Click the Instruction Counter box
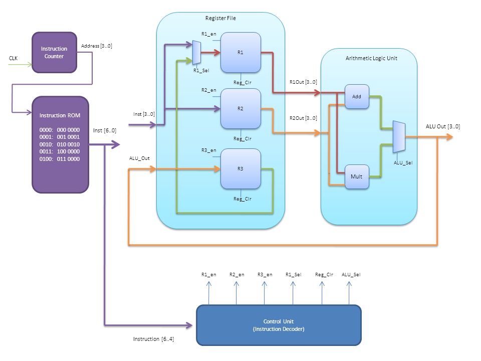[54, 53]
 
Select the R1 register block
[241, 53]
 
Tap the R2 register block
[241, 109]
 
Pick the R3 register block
[241, 168]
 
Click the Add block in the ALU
[357, 96]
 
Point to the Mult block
[357, 176]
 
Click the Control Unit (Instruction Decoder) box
[279, 325]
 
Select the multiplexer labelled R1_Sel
[196, 53]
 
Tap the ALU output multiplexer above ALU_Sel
[399, 136]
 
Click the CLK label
[13, 58]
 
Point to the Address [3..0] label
[97, 46]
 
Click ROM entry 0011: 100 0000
[60, 151]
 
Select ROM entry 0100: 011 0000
[60, 159]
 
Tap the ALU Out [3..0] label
[442, 126]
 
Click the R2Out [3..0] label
[304, 118]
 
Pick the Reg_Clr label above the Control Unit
[324, 274]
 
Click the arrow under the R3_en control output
[265, 293]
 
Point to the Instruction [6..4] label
[153, 339]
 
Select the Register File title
[220, 18]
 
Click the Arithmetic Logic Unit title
[371, 58]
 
